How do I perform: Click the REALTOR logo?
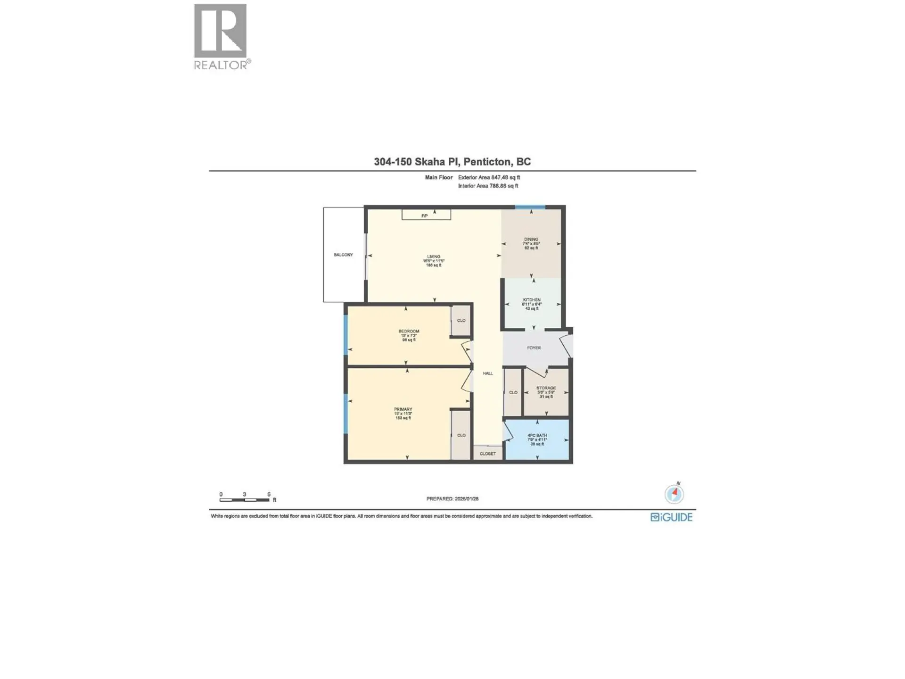[221, 37]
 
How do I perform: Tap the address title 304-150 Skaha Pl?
[452, 162]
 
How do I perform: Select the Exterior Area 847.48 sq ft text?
[489, 178]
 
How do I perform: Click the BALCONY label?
[343, 255]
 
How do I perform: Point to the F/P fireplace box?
[426, 215]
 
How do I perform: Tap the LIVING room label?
[434, 257]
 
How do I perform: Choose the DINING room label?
[531, 240]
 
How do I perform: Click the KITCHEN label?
[532, 300]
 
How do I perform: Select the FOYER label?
[534, 348]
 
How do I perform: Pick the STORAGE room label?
[546, 388]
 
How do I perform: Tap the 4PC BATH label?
[537, 436]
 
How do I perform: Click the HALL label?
[488, 373]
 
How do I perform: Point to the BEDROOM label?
[409, 331]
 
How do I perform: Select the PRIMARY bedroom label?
[403, 409]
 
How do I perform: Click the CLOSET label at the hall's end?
[488, 454]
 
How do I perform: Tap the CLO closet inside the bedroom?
[461, 321]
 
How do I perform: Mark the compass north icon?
[674, 494]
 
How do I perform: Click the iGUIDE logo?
[671, 517]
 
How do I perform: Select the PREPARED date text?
[452, 499]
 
